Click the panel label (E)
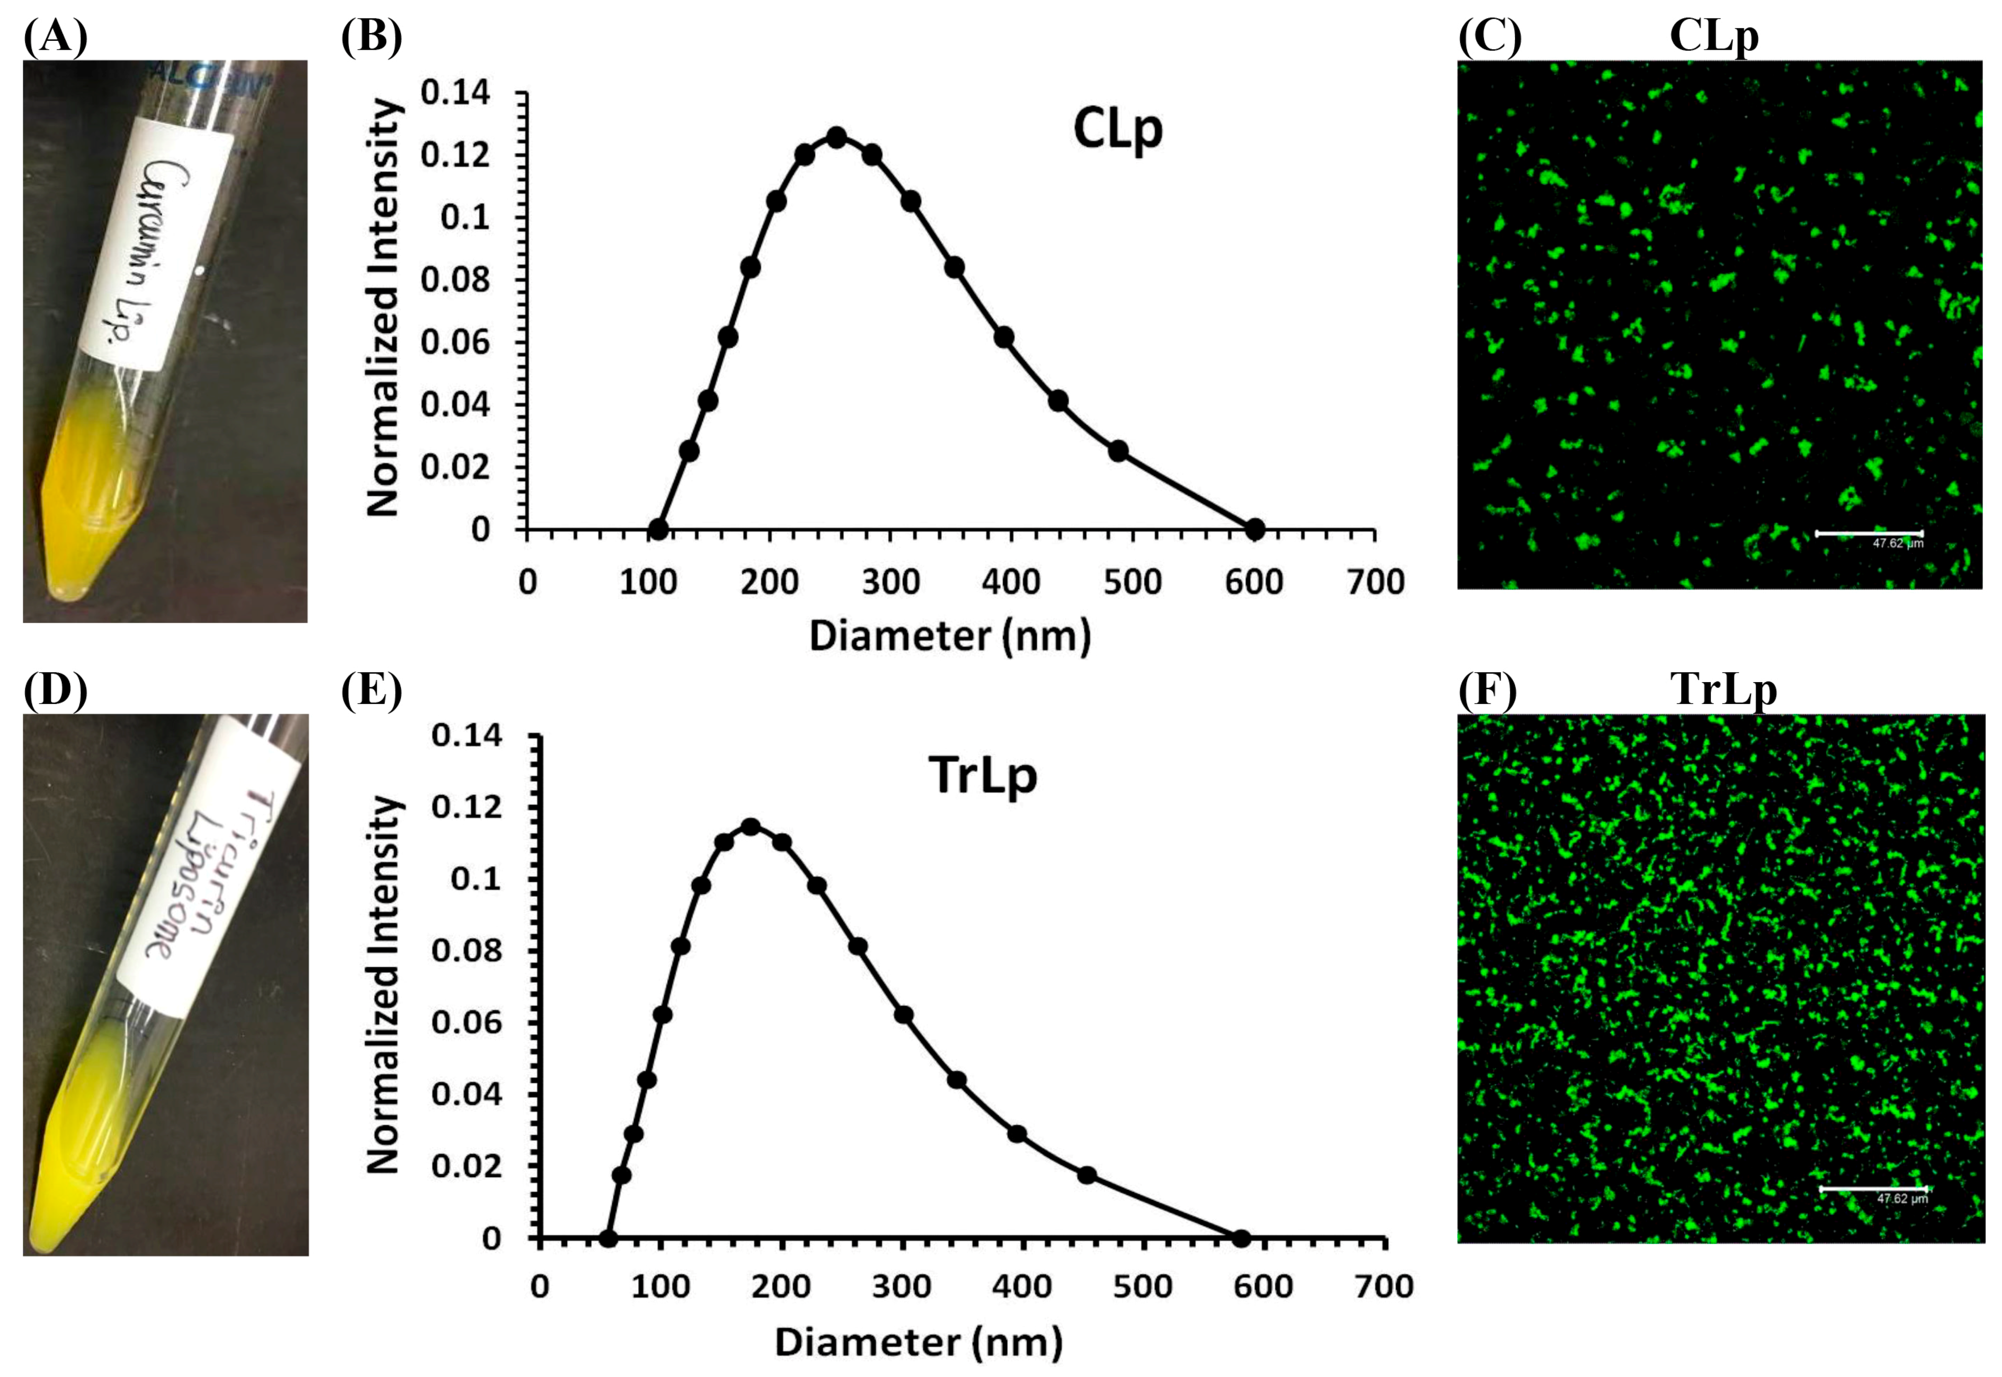pyautogui.click(x=371, y=691)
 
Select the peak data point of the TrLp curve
pyautogui.click(x=751, y=827)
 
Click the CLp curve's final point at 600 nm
pyautogui.click(x=1255, y=529)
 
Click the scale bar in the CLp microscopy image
pyautogui.click(x=1869, y=533)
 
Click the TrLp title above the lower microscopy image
pyautogui.click(x=1724, y=690)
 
